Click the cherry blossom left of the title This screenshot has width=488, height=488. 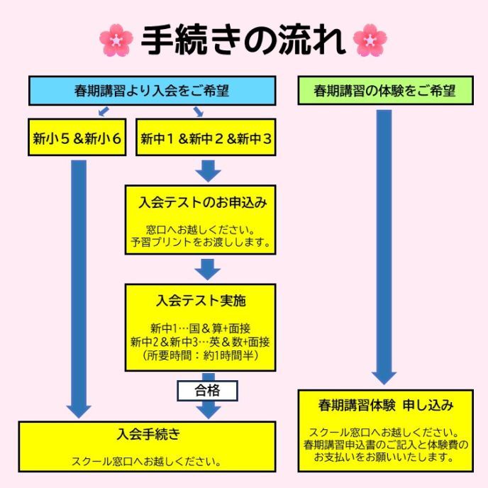point(117,40)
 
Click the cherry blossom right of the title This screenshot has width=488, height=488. point(370,40)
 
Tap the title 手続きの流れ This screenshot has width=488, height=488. point(243,41)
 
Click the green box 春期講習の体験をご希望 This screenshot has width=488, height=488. point(384,91)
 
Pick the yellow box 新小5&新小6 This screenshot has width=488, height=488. point(77,139)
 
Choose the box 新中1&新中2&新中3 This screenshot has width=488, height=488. point(206,139)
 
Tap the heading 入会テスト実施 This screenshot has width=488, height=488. point(201,300)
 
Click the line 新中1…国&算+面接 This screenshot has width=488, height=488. point(200,329)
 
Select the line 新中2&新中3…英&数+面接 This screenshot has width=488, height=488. point(200,342)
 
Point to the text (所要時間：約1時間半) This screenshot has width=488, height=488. point(200,355)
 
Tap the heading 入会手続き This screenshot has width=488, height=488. point(147,433)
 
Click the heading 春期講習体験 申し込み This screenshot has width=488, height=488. point(385,406)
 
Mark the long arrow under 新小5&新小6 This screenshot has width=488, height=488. point(79,284)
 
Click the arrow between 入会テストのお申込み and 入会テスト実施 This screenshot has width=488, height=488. point(208,270)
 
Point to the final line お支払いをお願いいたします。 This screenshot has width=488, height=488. point(385,457)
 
